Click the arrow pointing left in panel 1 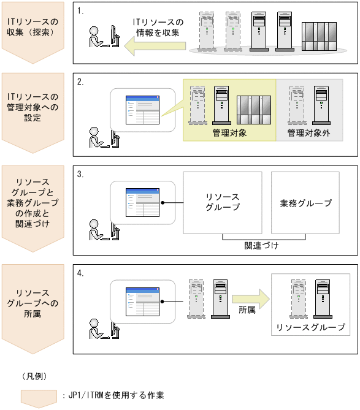(x=155, y=46)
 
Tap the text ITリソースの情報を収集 (x=158, y=27)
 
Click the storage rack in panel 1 (x=319, y=36)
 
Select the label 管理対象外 (x=308, y=133)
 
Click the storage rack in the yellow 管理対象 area (x=254, y=110)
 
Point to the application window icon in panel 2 (x=142, y=110)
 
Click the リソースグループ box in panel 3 (x=223, y=203)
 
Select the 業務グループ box (x=305, y=203)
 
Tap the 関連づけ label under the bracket (x=261, y=246)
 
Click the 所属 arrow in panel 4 (x=251, y=299)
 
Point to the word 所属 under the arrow (x=247, y=310)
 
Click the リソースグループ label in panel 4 (x=311, y=327)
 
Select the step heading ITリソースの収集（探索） (x=33, y=27)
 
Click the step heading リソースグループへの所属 (x=33, y=303)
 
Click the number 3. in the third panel (x=80, y=174)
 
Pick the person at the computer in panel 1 (x=104, y=37)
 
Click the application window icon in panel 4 (x=142, y=302)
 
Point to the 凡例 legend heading (x=35, y=376)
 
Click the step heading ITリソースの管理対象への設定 (x=33, y=107)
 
